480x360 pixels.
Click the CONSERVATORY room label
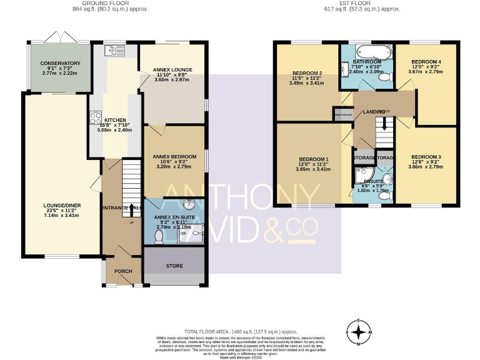pos(61,63)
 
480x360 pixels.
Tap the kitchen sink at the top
pos(116,50)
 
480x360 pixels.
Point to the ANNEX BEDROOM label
pos(174,156)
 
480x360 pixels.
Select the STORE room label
pos(174,266)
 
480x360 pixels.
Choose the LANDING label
pos(374,111)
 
